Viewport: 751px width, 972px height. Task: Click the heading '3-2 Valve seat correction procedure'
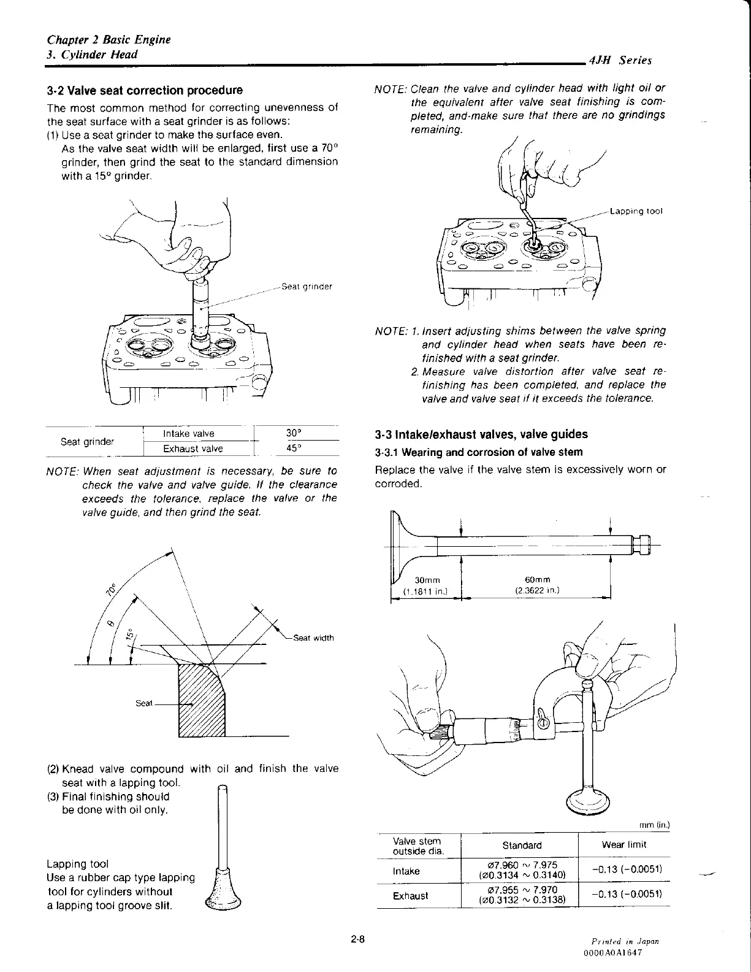point(145,91)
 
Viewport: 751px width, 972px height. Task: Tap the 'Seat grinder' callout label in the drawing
point(306,287)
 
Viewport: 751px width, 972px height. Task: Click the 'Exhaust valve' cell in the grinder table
point(193,449)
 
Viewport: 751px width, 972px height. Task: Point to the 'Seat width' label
point(313,638)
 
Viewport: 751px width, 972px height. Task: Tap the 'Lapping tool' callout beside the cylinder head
point(636,212)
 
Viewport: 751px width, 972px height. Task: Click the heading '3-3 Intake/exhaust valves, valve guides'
point(481,434)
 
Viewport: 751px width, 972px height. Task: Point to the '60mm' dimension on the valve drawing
point(538,580)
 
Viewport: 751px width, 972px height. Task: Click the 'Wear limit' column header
point(623,845)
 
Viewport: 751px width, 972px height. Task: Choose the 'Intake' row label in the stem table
point(406,871)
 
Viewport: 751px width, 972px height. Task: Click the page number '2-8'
point(358,938)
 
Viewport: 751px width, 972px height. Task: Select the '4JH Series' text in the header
point(619,60)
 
